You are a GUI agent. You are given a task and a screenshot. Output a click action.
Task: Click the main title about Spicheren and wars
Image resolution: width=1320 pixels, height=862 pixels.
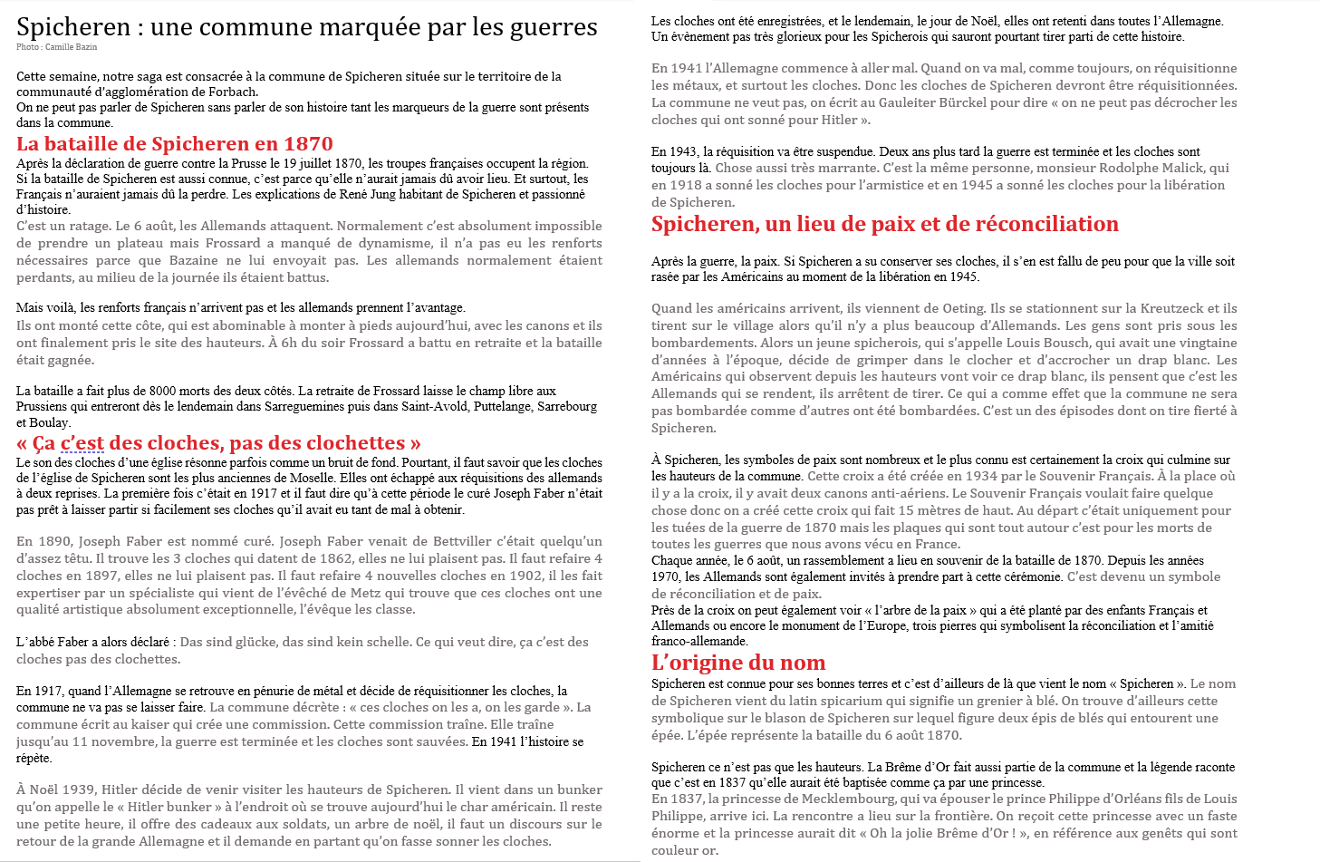(x=306, y=27)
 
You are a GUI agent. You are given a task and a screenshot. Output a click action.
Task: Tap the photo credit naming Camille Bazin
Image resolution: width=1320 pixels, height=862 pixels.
(x=56, y=47)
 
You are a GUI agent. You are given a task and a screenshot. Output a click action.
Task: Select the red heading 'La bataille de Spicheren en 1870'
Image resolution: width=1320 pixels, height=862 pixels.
(x=175, y=144)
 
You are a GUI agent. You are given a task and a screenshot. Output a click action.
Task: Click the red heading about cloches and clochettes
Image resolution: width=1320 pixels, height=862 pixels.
(x=218, y=443)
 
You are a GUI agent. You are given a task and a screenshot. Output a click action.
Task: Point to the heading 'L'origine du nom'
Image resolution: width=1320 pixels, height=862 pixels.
(x=738, y=663)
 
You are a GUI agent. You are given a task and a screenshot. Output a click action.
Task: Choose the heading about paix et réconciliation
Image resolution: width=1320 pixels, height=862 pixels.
(x=885, y=224)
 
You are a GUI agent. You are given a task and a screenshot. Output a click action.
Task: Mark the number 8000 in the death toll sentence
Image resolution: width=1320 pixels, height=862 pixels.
(x=163, y=391)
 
